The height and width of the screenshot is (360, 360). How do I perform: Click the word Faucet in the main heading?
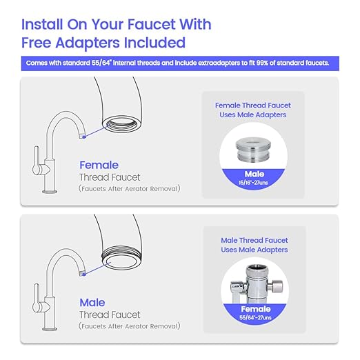(143, 24)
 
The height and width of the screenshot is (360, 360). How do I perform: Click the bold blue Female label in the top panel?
(99, 165)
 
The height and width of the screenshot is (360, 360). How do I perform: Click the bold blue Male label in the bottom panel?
(92, 302)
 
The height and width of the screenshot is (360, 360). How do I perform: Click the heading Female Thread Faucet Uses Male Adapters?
(252, 110)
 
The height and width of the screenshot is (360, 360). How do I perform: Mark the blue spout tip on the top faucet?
(82, 135)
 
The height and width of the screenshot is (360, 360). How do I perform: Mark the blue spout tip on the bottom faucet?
(82, 272)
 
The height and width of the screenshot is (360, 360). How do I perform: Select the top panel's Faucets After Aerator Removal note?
(129, 188)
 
